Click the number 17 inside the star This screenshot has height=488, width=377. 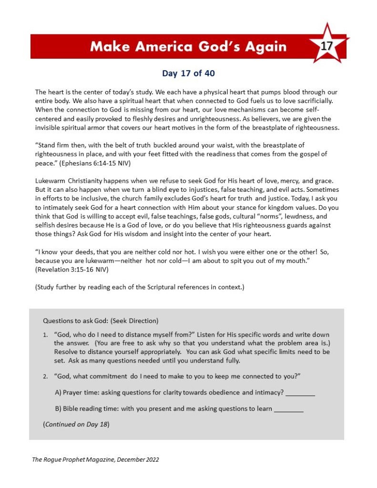tap(326, 46)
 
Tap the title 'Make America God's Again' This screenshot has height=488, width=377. tap(188, 46)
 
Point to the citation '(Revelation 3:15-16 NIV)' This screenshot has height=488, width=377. tap(72, 270)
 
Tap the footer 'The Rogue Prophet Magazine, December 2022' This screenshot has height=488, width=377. tap(95, 459)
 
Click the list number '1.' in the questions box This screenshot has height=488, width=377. tap(46, 335)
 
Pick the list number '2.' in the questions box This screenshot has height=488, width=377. tap(46, 376)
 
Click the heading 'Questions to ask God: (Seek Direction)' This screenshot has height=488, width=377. tap(101, 321)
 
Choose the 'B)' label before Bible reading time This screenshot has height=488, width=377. tap(58, 408)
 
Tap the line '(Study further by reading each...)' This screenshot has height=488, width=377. tap(140, 287)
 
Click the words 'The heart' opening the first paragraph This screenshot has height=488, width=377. tap(47, 92)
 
